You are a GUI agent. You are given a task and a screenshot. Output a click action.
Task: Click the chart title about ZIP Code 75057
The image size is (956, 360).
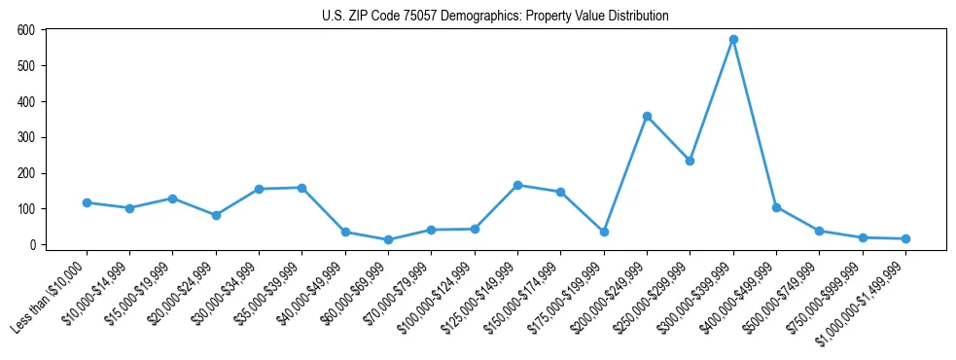point(495,17)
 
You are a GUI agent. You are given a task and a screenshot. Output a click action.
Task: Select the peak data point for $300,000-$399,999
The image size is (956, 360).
point(733,40)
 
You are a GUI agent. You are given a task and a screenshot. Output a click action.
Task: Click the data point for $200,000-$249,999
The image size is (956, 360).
point(647,117)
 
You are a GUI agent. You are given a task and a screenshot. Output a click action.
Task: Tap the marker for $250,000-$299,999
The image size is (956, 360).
point(690,162)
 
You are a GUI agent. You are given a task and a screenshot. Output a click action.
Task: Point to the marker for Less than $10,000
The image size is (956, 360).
point(87,202)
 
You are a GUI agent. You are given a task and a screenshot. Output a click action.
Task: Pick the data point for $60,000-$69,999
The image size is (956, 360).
point(388,239)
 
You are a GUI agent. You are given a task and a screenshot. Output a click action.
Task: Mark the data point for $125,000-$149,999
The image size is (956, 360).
point(517,185)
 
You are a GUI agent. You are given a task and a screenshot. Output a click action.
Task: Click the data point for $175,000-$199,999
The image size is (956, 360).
point(604,232)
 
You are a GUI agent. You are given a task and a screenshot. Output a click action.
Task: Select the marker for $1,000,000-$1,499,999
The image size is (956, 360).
point(905,238)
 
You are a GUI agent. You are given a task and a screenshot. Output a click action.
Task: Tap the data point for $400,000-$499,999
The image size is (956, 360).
point(776,207)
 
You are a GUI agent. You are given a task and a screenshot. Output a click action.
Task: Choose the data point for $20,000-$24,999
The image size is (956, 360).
point(216,215)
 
